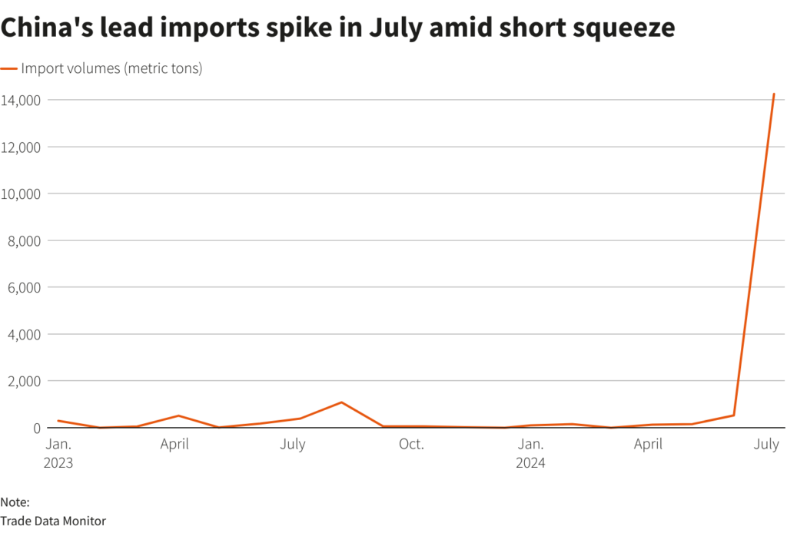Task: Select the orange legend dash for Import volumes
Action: (x=9, y=68)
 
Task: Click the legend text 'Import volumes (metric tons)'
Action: (x=111, y=68)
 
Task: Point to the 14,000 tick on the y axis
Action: (x=23, y=100)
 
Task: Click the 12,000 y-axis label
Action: (x=23, y=147)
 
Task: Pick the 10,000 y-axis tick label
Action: (x=23, y=194)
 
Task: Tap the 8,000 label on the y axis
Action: (x=26, y=240)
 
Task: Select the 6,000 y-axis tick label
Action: (x=26, y=287)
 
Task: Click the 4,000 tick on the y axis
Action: (x=26, y=334)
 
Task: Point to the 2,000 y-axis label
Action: (x=26, y=381)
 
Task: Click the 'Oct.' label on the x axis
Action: (x=411, y=445)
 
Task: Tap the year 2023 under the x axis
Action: (x=59, y=463)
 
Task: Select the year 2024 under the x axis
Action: (x=531, y=463)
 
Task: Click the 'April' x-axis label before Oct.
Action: (x=174, y=445)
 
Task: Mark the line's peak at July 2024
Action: (x=773, y=94)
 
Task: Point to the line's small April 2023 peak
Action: (x=178, y=415)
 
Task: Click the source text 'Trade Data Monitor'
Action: (x=53, y=521)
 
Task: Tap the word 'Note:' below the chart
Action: (x=15, y=502)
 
